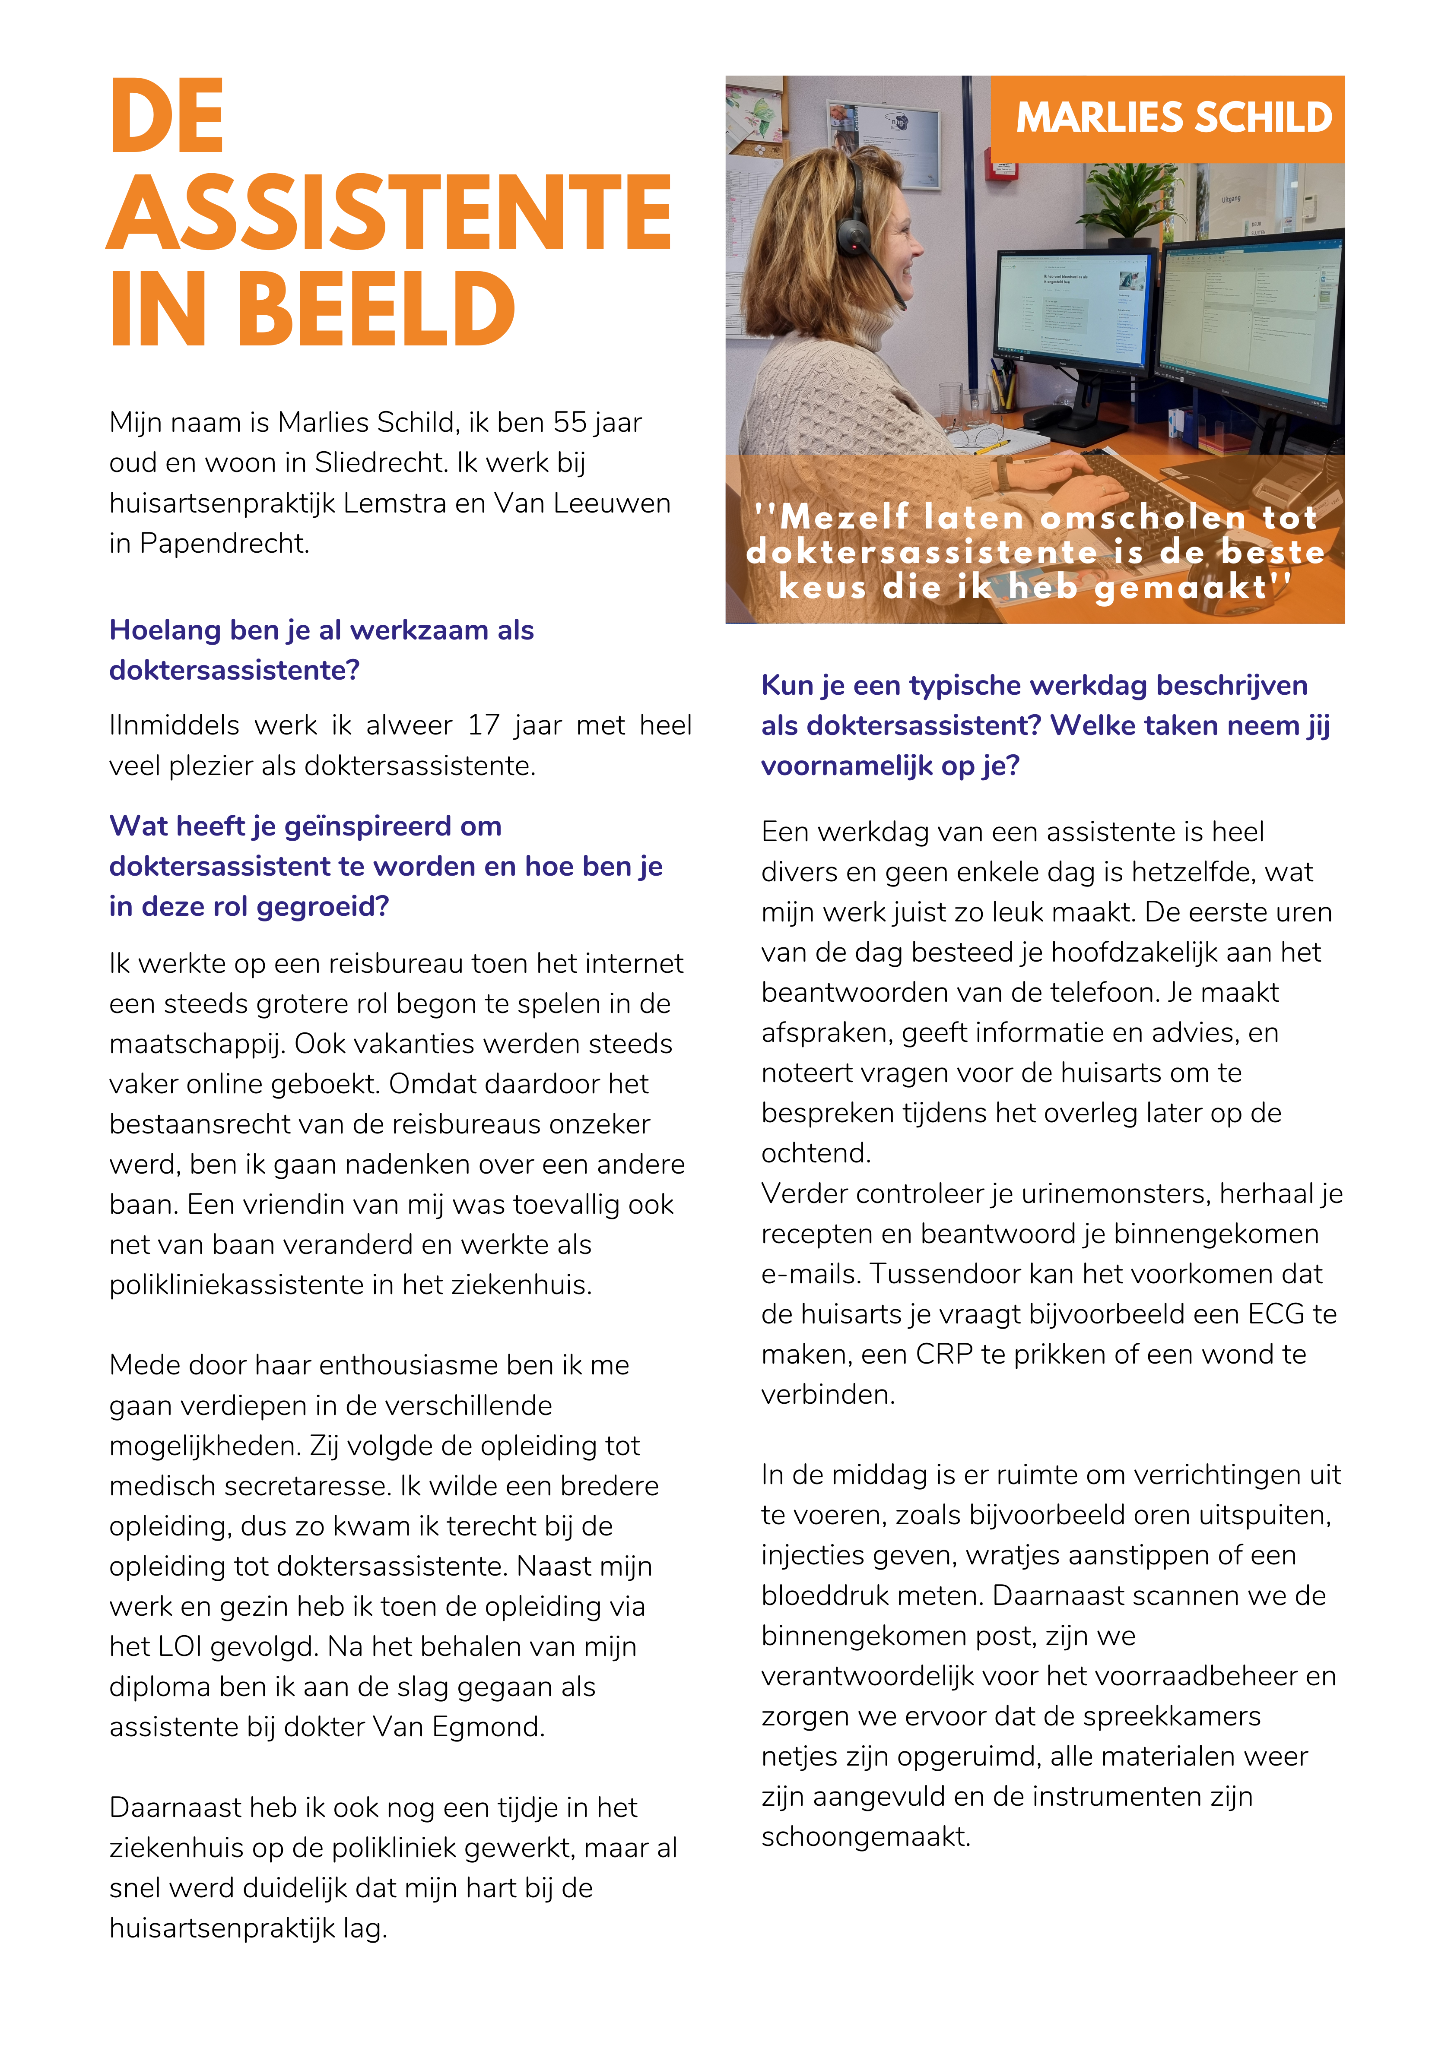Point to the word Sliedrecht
pos(380,463)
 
